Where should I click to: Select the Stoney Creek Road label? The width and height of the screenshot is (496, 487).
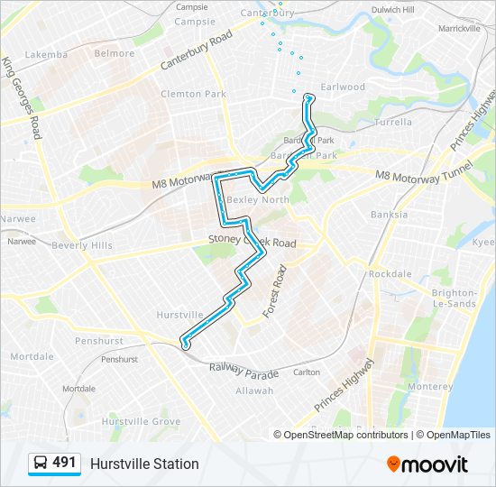point(252,243)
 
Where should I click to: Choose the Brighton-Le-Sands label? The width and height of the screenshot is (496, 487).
point(455,299)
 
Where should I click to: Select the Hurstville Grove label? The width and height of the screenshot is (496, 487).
point(141,421)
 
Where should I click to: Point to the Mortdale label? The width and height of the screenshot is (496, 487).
point(32,356)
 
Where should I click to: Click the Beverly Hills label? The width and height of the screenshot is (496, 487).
point(82,245)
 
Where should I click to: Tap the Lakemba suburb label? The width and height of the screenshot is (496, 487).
point(46,54)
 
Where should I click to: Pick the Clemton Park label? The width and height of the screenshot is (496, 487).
point(193,94)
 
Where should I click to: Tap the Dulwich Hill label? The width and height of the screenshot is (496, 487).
point(393,9)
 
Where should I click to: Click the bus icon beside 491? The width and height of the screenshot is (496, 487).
point(41,464)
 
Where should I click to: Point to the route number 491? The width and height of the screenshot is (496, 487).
point(64,463)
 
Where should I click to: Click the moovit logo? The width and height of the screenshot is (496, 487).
point(427,464)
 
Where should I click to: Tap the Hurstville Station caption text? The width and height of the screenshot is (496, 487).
point(144,464)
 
